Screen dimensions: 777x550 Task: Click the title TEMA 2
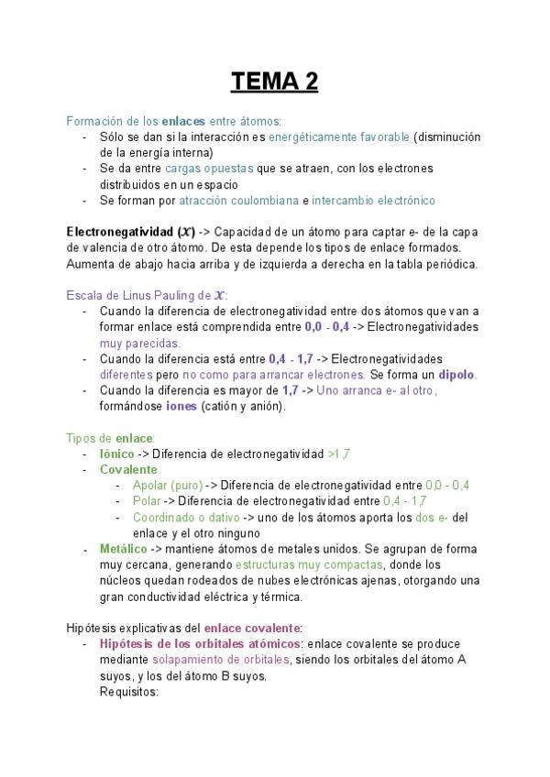[x=274, y=82]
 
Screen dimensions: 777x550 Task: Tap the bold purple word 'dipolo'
[x=456, y=375]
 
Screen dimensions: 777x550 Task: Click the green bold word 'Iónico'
[x=116, y=454]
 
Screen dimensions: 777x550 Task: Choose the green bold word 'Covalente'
[x=128, y=469]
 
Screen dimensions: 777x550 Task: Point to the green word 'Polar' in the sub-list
[x=147, y=501]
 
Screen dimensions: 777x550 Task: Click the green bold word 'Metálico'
[x=124, y=549]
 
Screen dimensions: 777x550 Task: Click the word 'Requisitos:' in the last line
[x=129, y=692]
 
